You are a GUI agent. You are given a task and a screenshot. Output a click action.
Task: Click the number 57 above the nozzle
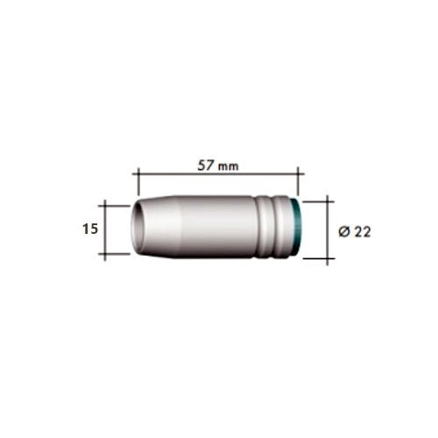pyautogui.click(x=206, y=166)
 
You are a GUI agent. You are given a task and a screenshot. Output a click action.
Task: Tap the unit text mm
pyautogui.click(x=229, y=166)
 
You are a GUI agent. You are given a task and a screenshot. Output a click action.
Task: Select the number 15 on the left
pyautogui.click(x=90, y=229)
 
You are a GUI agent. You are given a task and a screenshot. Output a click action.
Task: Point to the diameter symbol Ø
pyautogui.click(x=344, y=232)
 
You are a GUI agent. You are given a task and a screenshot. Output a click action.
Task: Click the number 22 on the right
pyautogui.click(x=363, y=232)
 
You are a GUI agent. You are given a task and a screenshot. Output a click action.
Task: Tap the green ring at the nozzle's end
pyautogui.click(x=296, y=227)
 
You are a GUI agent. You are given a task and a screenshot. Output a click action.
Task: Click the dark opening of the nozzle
pyautogui.click(x=138, y=227)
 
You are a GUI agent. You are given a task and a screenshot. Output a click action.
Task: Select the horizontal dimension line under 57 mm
pyautogui.click(x=218, y=174)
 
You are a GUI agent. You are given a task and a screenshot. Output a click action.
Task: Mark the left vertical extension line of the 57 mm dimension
pyautogui.click(x=138, y=181)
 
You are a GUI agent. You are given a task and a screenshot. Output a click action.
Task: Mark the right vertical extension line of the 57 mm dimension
pyautogui.click(x=298, y=181)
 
